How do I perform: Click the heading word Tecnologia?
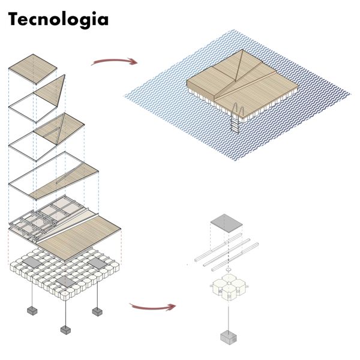[58, 19]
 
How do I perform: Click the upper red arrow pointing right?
[113, 61]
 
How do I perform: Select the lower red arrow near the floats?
[152, 307]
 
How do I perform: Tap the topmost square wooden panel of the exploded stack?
[37, 67]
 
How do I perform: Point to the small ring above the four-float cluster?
[229, 271]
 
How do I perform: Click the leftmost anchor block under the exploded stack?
[32, 311]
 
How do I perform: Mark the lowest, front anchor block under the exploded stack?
[65, 330]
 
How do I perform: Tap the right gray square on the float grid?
[96, 263]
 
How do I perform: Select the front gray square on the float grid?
[65, 281]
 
